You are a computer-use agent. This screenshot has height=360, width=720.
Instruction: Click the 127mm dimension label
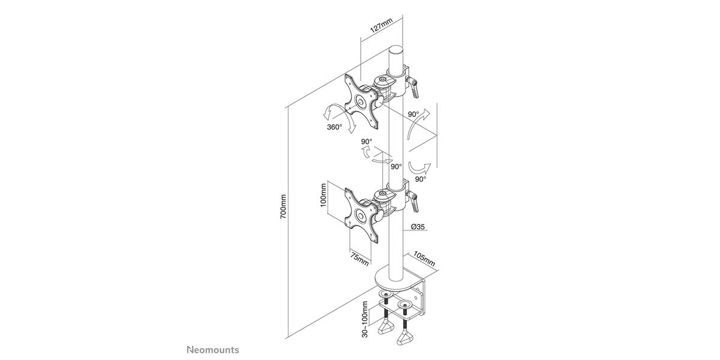[x=382, y=26]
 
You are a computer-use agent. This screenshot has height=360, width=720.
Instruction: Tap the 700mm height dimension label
[x=283, y=206]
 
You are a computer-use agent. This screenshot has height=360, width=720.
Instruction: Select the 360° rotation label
[x=334, y=127]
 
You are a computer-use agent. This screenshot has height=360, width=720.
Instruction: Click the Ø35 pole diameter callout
[x=418, y=227]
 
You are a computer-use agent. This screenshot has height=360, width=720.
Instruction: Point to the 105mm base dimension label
[x=424, y=259]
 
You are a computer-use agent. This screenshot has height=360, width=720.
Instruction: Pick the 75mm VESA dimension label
[x=359, y=259]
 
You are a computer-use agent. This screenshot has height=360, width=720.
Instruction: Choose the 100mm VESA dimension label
[x=323, y=195]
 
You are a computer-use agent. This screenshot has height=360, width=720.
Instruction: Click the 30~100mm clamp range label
[x=365, y=319]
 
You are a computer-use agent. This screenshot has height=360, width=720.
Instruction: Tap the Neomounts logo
[x=213, y=350]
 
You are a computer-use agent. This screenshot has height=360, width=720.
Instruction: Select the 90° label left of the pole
[x=367, y=142]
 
